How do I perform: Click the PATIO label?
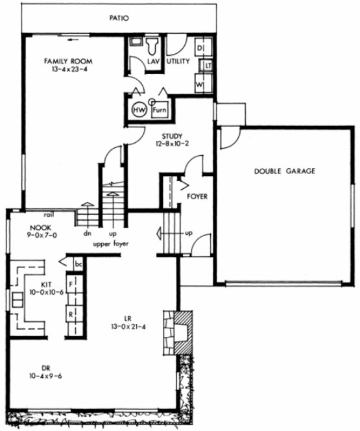click(119, 18)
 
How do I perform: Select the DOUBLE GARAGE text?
click(284, 171)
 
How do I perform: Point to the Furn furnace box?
click(160, 110)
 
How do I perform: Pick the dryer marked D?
click(200, 49)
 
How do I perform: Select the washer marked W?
click(200, 84)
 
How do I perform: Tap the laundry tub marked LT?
click(208, 66)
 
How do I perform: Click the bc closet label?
click(78, 264)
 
